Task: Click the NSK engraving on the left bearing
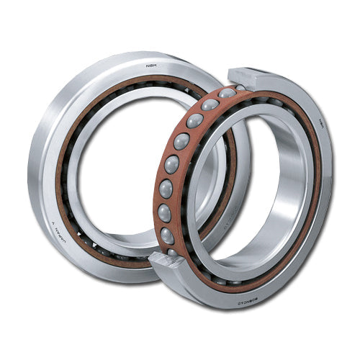151,66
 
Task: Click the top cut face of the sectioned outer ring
248,77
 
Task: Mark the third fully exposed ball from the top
181,141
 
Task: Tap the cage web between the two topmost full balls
203,112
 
